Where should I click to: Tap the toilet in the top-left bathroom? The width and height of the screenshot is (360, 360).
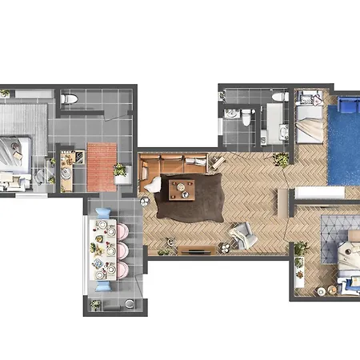pyautogui.click(x=70, y=98)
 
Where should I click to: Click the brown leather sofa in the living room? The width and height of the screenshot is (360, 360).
pyautogui.click(x=172, y=164)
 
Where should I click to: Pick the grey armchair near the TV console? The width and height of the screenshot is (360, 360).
pyautogui.click(x=241, y=234)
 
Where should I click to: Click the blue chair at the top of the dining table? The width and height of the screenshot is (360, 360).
pyautogui.click(x=103, y=215)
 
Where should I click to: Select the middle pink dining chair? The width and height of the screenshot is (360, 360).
pyautogui.click(x=122, y=250)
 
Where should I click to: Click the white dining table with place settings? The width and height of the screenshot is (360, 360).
pyautogui.click(x=102, y=250)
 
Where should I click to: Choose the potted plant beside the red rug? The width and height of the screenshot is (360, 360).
pyautogui.click(x=120, y=170)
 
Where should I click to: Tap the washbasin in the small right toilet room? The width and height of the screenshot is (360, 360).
pyautogui.click(x=232, y=114)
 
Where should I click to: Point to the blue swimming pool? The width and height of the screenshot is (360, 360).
pyautogui.click(x=344, y=148)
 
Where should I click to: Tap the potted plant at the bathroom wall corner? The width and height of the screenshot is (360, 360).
pyautogui.click(x=281, y=159)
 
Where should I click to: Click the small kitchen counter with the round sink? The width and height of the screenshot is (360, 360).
pyautogui.click(x=66, y=168)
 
